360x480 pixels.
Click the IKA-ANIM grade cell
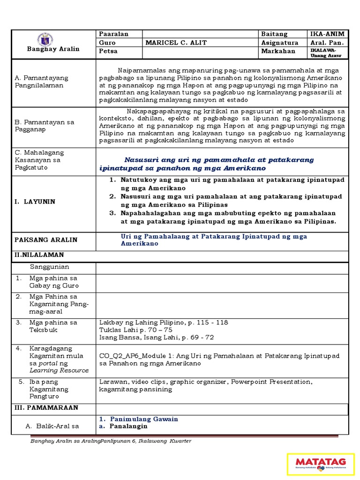(327, 34)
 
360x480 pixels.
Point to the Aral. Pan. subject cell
(327, 43)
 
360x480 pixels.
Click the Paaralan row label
(113, 34)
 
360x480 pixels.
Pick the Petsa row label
(108, 51)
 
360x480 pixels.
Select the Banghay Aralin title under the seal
(53, 49)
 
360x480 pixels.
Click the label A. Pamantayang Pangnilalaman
(42, 82)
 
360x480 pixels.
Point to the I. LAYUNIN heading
(35, 202)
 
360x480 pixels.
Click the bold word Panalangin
(128, 426)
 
